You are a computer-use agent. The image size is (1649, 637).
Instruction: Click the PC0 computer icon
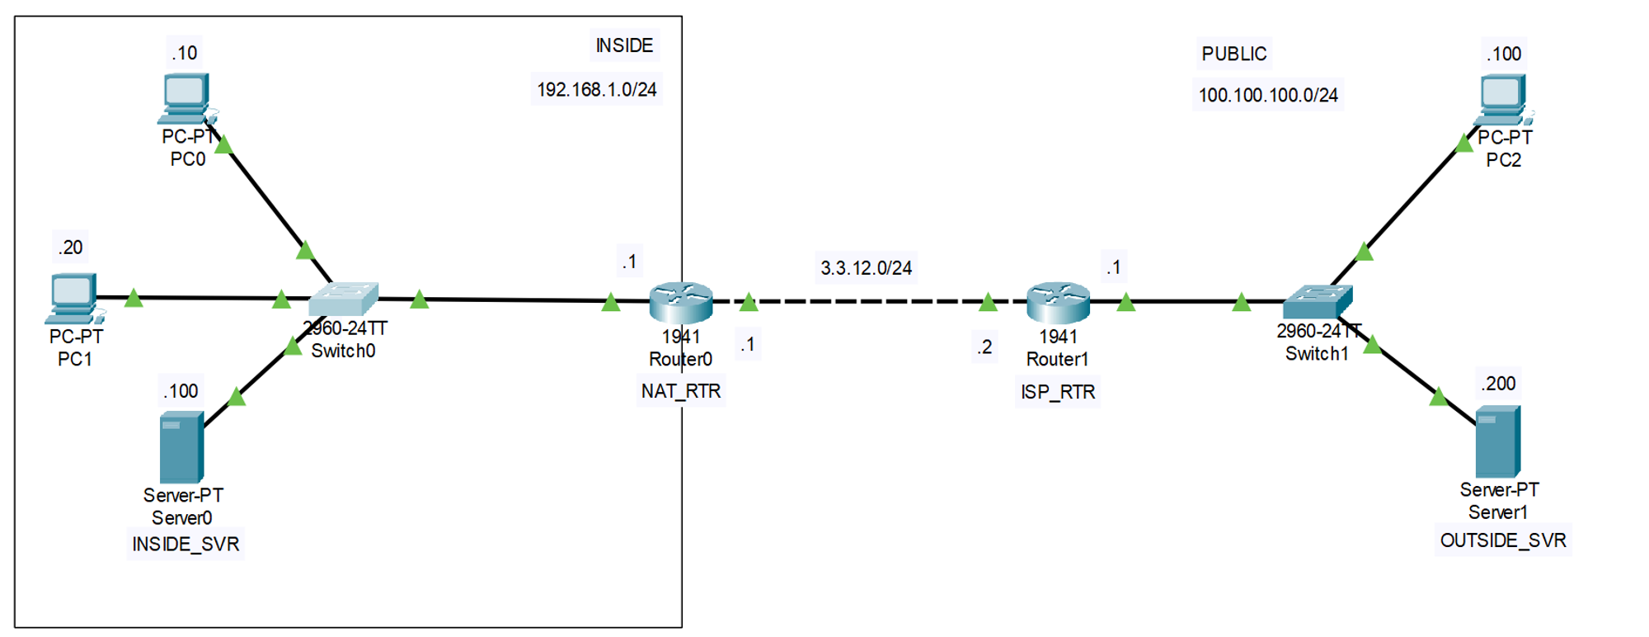[186, 97]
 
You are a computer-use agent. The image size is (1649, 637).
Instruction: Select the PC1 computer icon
[73, 297]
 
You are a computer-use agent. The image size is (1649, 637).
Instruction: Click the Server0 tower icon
[181, 447]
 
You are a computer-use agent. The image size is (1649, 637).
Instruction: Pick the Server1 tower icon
[1497, 441]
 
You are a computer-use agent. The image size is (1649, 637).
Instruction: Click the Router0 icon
[681, 302]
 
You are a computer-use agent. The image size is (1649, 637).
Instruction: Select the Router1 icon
[1058, 302]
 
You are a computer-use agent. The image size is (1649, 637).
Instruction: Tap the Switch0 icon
[345, 299]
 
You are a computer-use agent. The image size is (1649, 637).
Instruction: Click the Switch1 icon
[1318, 302]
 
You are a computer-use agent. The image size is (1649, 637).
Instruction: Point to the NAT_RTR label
[681, 391]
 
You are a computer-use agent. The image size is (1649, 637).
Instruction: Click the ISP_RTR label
[1058, 392]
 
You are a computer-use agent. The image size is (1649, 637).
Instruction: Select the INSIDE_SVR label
[186, 545]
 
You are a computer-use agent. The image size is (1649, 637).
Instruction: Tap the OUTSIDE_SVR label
[1503, 540]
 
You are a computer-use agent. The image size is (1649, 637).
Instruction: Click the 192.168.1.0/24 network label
[597, 89]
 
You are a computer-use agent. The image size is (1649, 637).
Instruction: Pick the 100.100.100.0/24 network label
[1268, 95]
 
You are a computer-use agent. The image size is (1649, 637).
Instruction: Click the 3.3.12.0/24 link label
[866, 268]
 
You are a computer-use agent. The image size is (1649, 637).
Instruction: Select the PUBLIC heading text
[1233, 54]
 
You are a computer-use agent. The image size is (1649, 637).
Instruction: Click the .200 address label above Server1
[1498, 384]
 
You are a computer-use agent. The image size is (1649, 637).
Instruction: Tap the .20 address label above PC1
[70, 248]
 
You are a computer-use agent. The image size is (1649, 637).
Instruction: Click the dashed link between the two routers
[866, 302]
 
